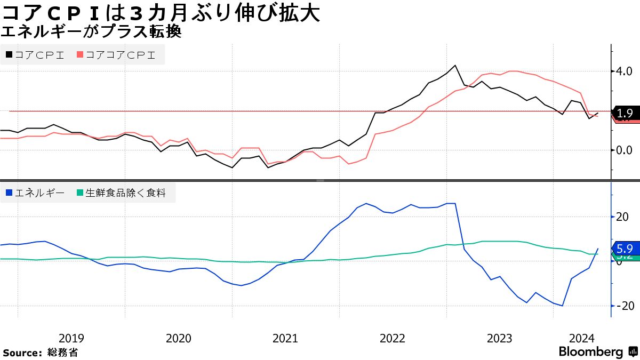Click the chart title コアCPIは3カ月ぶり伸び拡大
[160, 13]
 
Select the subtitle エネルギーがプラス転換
[91, 33]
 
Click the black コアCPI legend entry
[35, 54]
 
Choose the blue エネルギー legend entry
[35, 193]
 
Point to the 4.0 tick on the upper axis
[623, 71]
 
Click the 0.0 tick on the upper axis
[623, 150]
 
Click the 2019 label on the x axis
[71, 338]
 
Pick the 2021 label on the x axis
[285, 338]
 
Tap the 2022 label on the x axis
[393, 338]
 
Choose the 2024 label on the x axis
[582, 338]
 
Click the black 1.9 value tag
[625, 113]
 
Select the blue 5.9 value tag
[625, 249]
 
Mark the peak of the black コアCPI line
[455, 66]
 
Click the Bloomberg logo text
[591, 352]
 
